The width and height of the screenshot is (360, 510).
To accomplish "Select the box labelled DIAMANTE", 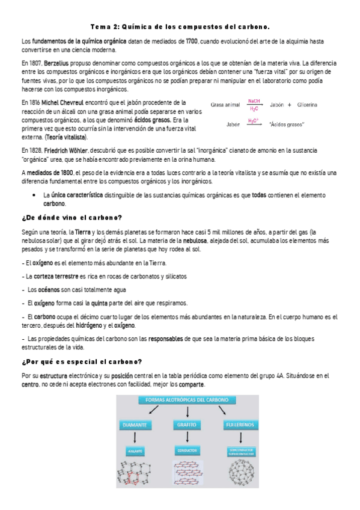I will [136, 425].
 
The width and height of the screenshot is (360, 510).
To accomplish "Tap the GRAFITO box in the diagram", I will [188, 425].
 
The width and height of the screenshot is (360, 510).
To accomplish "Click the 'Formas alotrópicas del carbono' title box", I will [188, 400].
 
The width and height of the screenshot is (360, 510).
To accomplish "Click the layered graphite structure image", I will [188, 475].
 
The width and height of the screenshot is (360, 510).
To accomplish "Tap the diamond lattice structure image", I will [136, 475].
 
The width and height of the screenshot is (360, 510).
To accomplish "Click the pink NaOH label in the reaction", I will [254, 100].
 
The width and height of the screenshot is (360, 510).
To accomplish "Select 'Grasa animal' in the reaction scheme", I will [225, 105].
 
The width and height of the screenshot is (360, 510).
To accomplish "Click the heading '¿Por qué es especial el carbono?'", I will [81, 361].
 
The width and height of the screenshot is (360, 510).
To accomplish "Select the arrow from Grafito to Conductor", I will [188, 437].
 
